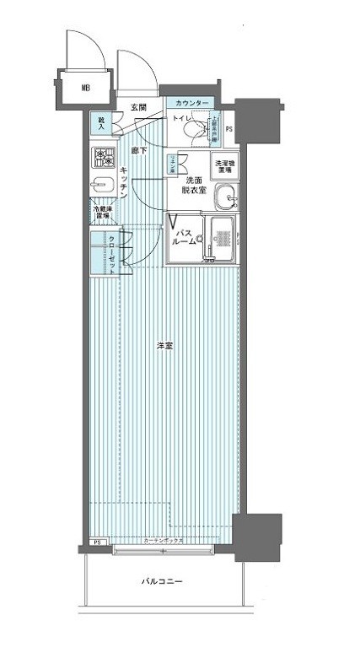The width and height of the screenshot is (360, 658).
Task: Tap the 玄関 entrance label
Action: pos(139,107)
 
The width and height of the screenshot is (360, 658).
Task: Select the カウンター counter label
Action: pos(193,103)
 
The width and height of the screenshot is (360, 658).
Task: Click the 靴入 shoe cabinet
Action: pos(102,123)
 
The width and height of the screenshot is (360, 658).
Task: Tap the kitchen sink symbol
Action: pos(104,186)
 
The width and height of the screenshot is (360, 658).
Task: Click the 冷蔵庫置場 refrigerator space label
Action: pos(101,213)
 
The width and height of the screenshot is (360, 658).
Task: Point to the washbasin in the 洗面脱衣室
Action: pos(225,199)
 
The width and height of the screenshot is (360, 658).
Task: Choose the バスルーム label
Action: pos(185,235)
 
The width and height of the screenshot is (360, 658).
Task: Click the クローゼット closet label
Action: pos(112,252)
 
